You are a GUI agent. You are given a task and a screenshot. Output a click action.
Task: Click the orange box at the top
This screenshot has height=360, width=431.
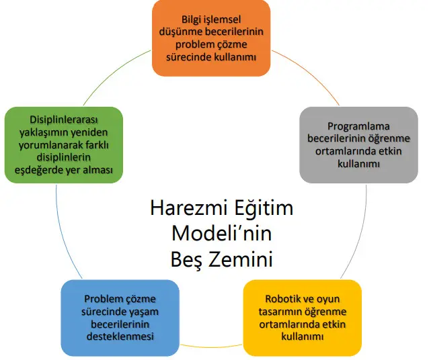211,38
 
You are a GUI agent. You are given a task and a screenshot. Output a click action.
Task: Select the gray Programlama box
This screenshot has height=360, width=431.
358,145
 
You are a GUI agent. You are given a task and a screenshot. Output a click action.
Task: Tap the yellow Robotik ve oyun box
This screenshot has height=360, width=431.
303,318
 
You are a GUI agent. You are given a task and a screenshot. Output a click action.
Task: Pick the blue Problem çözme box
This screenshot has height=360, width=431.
120,318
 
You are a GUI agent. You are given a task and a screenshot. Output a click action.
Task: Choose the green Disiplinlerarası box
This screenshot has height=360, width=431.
64,145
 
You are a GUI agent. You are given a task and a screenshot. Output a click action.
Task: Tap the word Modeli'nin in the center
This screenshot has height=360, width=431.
222,234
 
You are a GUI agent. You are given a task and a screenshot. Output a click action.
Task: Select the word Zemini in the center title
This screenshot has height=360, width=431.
240,259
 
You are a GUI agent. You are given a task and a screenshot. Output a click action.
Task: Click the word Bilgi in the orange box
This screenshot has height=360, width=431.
192,19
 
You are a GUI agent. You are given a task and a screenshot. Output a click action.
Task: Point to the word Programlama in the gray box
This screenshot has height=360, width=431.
358,126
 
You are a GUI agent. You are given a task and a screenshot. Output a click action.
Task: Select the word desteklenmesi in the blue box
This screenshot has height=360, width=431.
120,336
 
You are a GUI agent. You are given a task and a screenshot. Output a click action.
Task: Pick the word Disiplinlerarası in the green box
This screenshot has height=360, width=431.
64,120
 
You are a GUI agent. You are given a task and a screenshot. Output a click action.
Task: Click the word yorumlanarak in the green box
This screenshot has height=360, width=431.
49,145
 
